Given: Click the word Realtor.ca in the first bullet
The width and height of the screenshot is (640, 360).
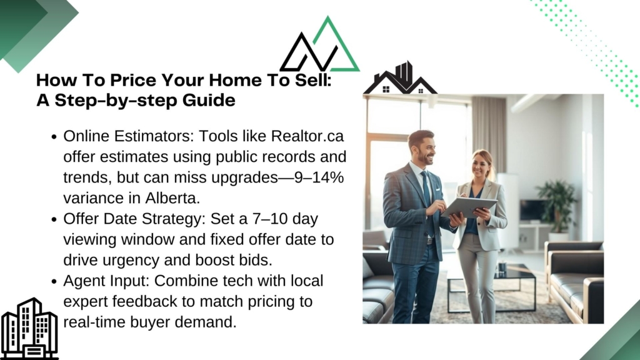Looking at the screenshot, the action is tap(307, 136).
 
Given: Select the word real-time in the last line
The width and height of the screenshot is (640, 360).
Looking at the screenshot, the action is tap(95, 322).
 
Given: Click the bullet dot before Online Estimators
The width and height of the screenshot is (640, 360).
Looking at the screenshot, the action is tap(54, 137).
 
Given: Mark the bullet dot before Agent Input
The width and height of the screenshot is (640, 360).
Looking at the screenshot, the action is tap(54, 282).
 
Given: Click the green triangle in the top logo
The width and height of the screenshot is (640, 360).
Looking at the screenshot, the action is tap(336, 46).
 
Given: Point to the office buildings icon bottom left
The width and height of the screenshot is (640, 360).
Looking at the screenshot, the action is tap(29, 329).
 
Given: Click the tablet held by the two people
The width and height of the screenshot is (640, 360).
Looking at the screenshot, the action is tap(469, 206).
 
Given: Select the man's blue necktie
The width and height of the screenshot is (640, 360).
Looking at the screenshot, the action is tap(427, 195).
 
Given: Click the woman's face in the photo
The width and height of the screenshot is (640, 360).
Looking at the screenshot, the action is tap(481, 163).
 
